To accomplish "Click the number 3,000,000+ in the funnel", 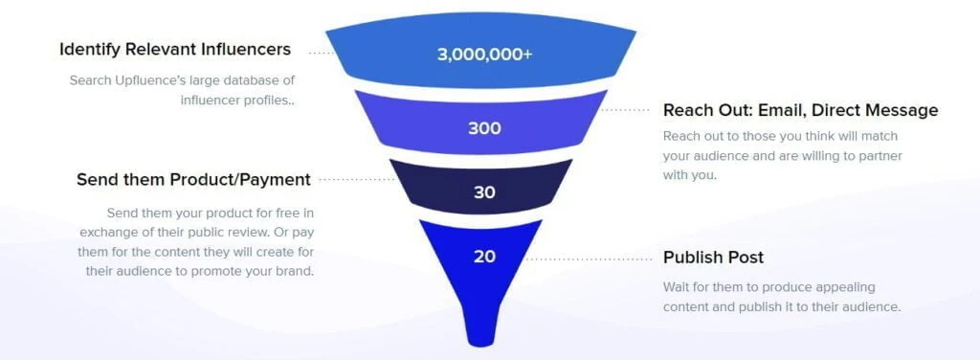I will [x=484, y=55].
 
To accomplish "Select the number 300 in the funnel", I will [x=484, y=128].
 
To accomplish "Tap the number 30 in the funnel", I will [x=484, y=192].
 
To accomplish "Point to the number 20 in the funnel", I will [x=484, y=257].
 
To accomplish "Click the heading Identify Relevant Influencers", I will [x=175, y=49].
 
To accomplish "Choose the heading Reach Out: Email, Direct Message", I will [x=800, y=110].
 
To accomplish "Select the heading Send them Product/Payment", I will [x=193, y=179].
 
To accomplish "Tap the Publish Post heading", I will [x=713, y=258].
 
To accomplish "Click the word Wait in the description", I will [x=678, y=287].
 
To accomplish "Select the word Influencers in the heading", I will [x=243, y=49].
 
